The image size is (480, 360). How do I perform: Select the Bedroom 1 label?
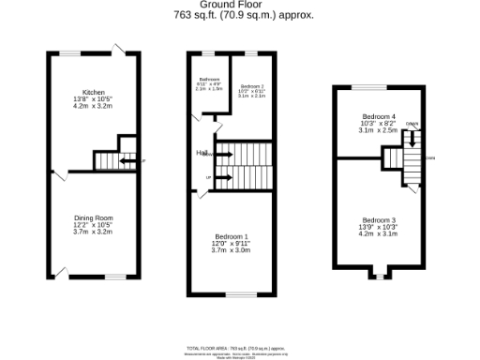coord(230,236)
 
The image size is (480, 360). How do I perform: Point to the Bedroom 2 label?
coord(250,85)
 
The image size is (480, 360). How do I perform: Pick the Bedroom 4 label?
coord(379,117)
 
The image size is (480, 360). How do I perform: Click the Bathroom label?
coord(209,80)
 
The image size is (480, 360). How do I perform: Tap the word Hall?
coord(201,152)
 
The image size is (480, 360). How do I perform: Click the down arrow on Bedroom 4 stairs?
coord(411,141)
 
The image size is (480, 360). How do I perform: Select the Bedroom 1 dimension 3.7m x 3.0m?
coord(230,250)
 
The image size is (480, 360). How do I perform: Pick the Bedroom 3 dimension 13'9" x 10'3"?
coord(380,227)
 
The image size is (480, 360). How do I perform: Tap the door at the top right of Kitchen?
coord(119,50)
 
